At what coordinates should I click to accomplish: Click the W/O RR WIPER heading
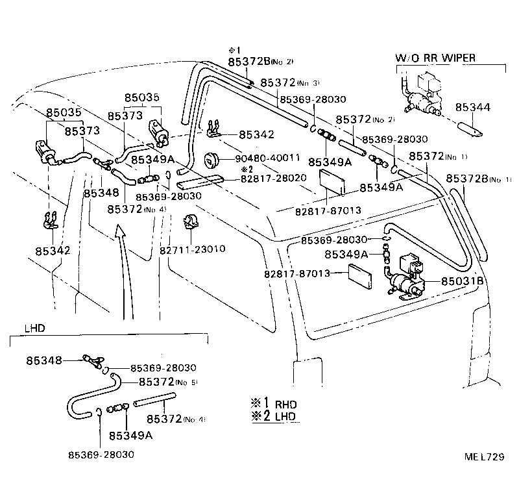(435, 58)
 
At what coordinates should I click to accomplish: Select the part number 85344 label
(472, 107)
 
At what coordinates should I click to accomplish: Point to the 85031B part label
(463, 281)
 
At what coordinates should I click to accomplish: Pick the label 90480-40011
(268, 158)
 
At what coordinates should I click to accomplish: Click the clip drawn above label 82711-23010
(191, 221)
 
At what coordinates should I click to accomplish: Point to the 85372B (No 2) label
(260, 62)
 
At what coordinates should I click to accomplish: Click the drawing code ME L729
(483, 456)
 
